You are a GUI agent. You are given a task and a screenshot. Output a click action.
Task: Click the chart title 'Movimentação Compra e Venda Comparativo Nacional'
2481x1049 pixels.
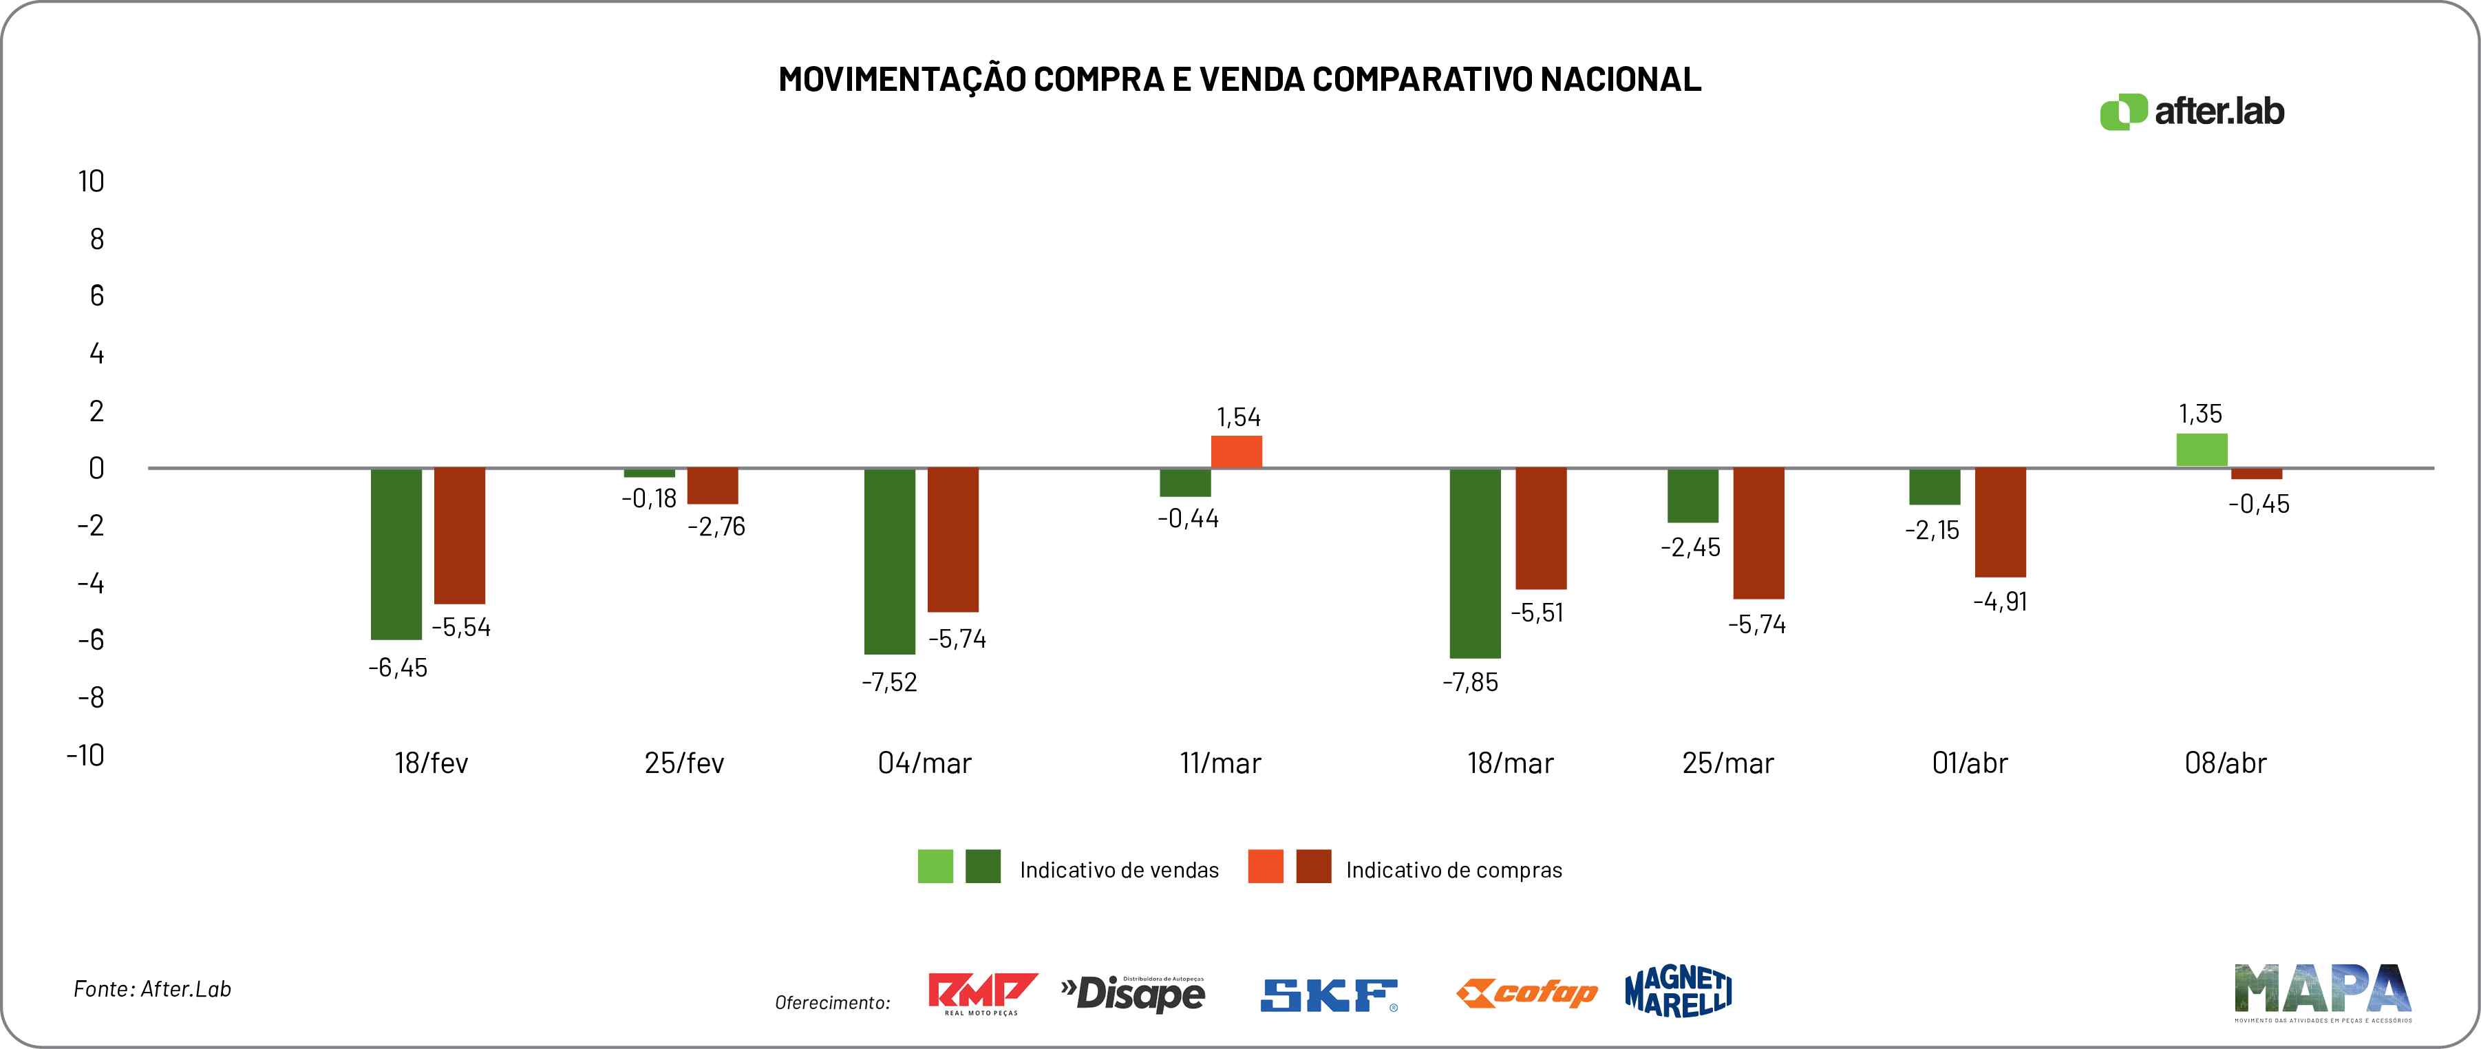(1239, 79)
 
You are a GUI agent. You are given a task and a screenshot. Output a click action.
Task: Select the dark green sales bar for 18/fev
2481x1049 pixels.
(397, 554)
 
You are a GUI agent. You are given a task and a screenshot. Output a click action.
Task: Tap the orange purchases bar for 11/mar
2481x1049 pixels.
(1237, 452)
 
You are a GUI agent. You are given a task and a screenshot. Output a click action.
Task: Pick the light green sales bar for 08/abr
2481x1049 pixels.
(2202, 450)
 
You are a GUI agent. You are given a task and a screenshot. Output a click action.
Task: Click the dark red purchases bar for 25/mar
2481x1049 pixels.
(1758, 533)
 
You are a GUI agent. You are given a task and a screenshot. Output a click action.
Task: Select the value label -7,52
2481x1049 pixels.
(889, 683)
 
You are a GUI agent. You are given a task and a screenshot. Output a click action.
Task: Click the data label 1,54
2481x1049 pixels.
(1239, 417)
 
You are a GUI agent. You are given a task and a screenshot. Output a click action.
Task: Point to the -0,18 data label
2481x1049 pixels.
(649, 499)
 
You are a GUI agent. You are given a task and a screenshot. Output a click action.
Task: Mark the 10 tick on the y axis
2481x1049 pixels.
(92, 181)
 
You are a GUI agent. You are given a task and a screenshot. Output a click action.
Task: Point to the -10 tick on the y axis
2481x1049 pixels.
(86, 754)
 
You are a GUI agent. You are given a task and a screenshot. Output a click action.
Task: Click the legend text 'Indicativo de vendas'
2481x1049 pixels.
(1119, 871)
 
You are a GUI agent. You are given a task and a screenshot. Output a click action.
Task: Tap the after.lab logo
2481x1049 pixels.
(2192, 112)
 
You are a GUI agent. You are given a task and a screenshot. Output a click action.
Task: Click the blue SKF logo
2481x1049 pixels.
(1329, 996)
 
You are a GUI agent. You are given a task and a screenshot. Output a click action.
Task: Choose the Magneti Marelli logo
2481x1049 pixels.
(1678, 992)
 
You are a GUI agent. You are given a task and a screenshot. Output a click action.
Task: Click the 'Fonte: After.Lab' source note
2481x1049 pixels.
(152, 989)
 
